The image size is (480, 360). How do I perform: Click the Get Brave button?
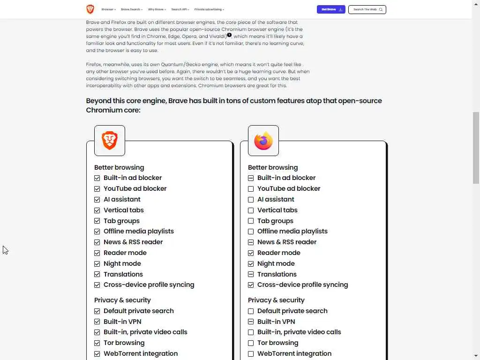[x=331, y=9]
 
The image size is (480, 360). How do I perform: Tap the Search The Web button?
[x=367, y=9]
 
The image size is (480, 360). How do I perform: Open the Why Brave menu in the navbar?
[x=157, y=9]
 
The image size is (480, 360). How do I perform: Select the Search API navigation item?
[x=180, y=9]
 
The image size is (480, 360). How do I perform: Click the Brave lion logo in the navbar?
[x=90, y=9]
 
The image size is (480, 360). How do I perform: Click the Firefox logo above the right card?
[x=263, y=141]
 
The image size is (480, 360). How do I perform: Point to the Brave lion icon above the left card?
[x=110, y=141]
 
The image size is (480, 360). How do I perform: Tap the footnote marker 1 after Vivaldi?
[x=229, y=35]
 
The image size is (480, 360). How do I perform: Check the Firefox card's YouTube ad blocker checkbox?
[x=251, y=189]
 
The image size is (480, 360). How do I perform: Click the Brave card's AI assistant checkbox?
[x=97, y=200]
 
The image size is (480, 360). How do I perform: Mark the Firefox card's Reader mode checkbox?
[x=251, y=253]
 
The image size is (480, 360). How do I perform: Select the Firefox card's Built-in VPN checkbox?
[x=251, y=322]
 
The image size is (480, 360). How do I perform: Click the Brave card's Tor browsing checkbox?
[x=97, y=343]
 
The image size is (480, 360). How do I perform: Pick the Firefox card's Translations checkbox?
[x=251, y=274]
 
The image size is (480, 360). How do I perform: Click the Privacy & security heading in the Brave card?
[x=122, y=300]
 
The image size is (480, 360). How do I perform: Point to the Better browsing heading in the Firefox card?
[x=273, y=167]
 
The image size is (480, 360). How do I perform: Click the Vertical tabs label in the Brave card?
[x=124, y=210]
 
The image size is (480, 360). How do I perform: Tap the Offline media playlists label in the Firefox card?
[x=292, y=231]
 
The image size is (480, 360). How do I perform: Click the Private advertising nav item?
[x=209, y=9]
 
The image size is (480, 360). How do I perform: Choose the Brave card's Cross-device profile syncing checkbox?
[x=97, y=285]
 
